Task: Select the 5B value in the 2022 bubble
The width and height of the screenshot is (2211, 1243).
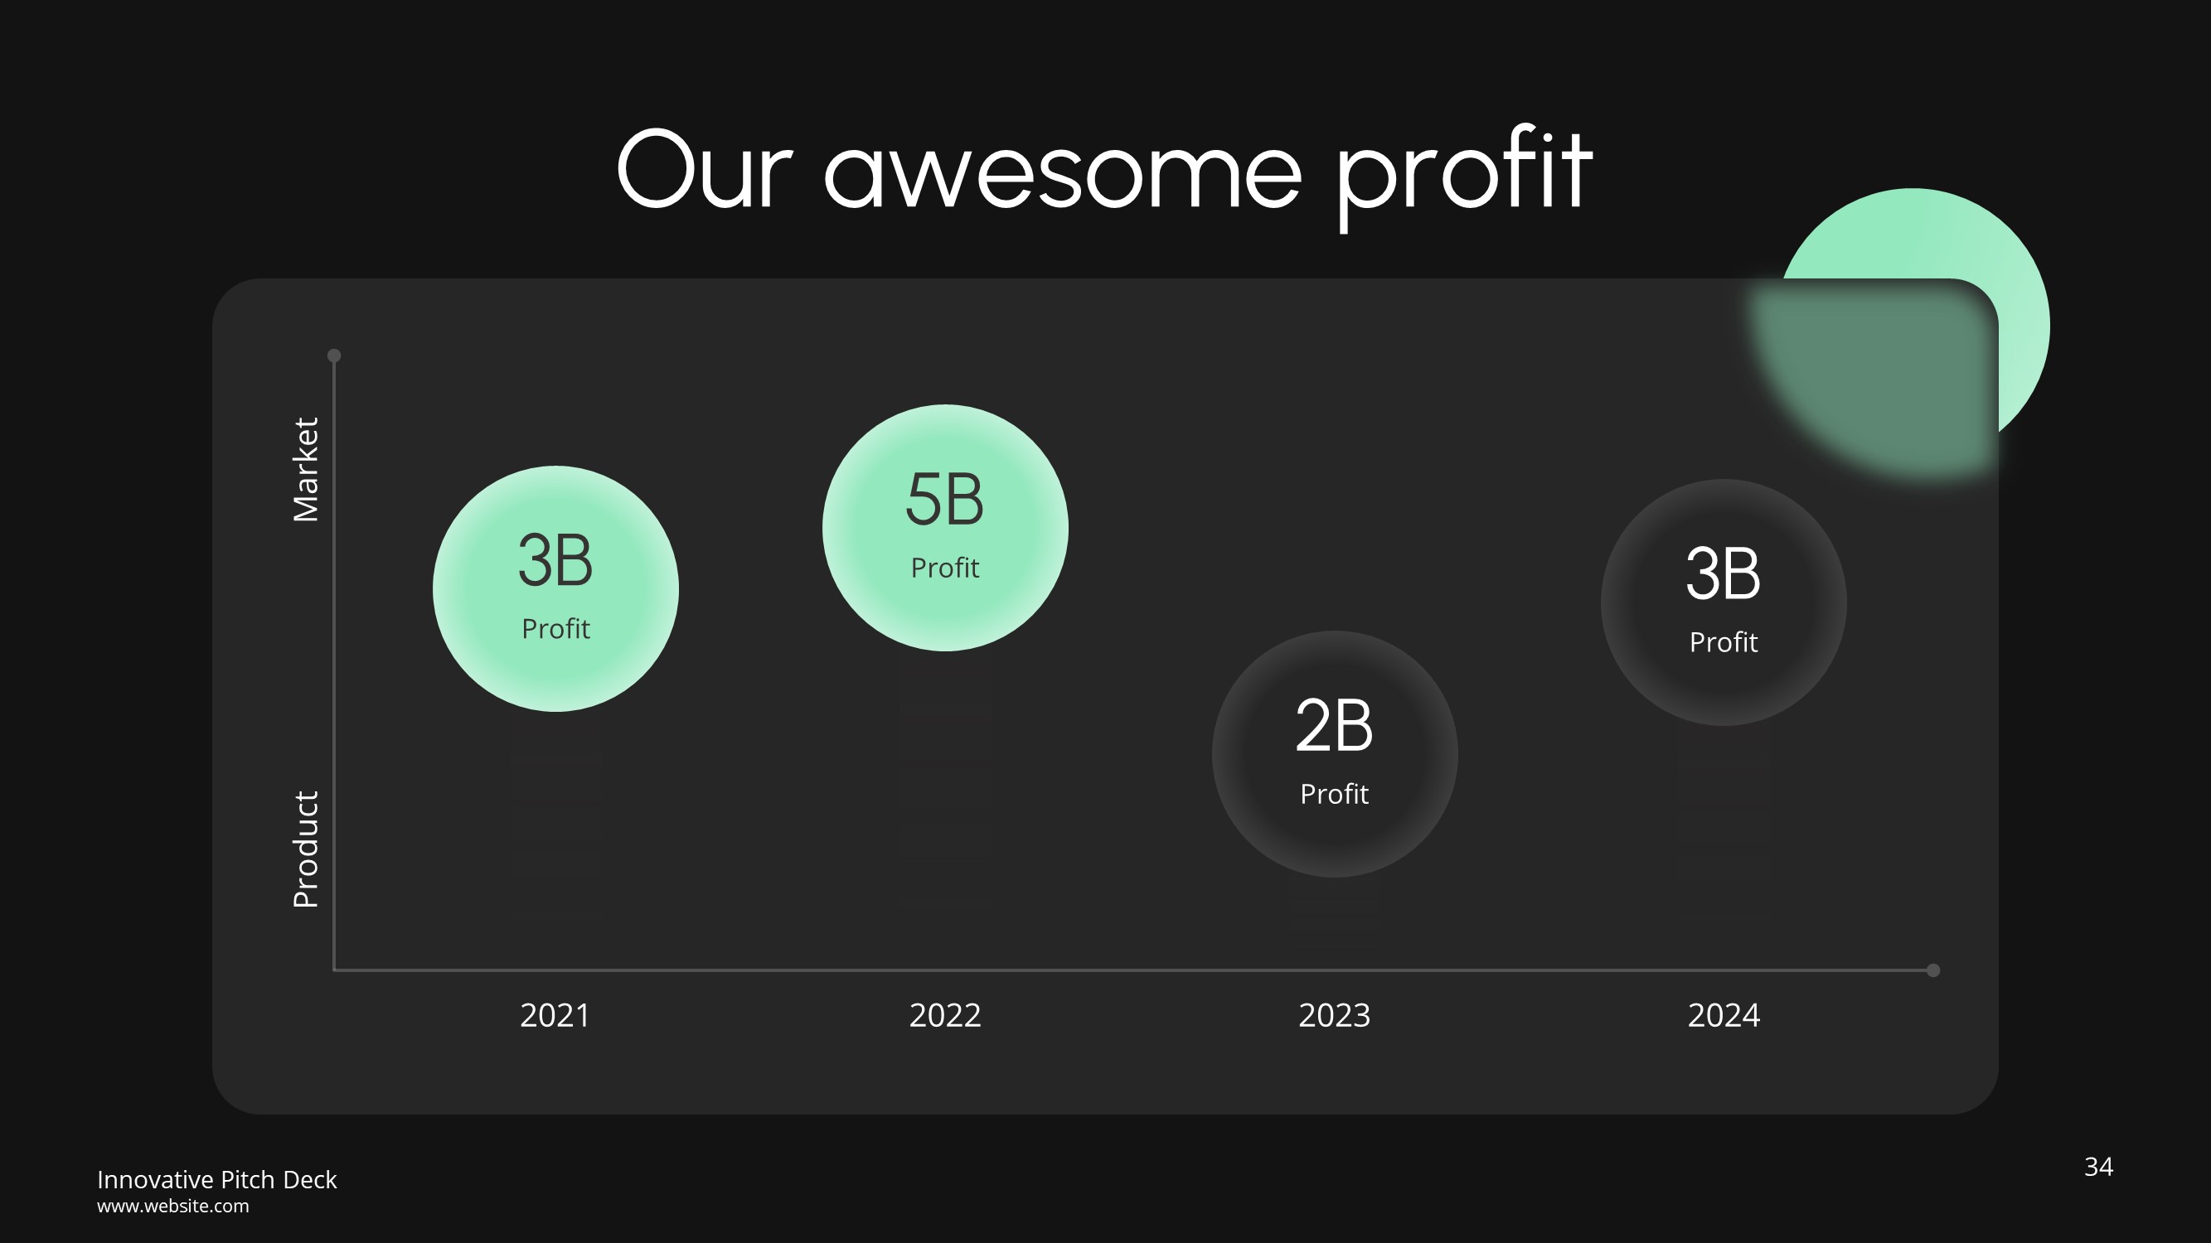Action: tap(944, 501)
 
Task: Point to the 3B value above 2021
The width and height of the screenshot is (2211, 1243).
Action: tap(555, 561)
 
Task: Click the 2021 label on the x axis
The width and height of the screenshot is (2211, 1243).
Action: tap(555, 1016)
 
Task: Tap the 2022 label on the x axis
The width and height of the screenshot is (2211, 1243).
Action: tap(944, 1016)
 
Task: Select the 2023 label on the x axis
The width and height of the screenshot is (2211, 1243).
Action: tap(1334, 1016)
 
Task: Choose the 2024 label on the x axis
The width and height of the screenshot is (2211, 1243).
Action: tap(1724, 1016)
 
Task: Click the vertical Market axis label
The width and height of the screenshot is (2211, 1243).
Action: tap(306, 470)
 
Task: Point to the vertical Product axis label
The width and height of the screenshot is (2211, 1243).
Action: tap(306, 849)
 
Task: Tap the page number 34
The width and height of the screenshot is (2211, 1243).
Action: tap(2097, 1167)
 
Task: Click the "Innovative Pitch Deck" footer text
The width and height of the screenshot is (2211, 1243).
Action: tap(216, 1179)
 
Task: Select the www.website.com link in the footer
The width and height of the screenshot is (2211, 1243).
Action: tap(172, 1206)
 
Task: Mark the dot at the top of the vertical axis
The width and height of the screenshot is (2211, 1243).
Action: tap(334, 355)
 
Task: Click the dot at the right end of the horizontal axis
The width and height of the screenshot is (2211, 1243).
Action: tap(1933, 970)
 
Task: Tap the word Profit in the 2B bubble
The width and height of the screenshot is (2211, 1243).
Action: tap(1334, 795)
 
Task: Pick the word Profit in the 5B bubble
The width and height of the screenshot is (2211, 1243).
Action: tap(944, 568)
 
